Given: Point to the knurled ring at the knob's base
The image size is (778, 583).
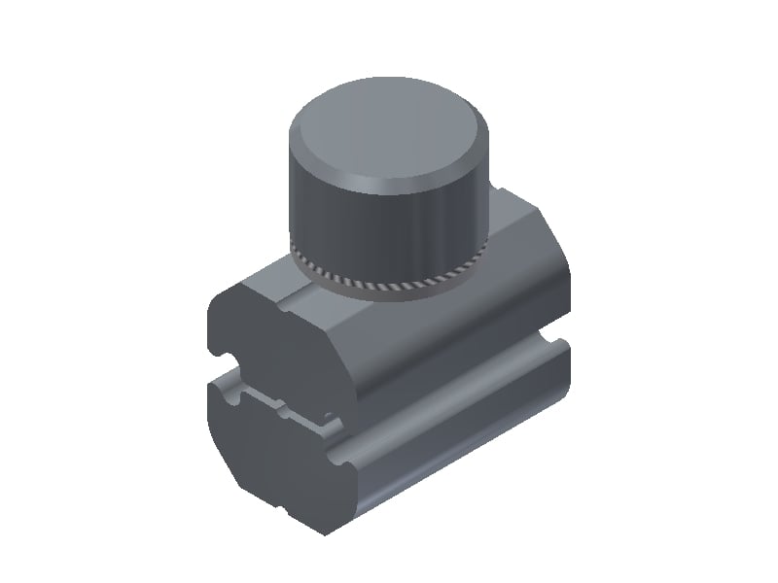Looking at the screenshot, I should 389,284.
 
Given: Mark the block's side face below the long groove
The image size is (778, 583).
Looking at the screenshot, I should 457,447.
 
